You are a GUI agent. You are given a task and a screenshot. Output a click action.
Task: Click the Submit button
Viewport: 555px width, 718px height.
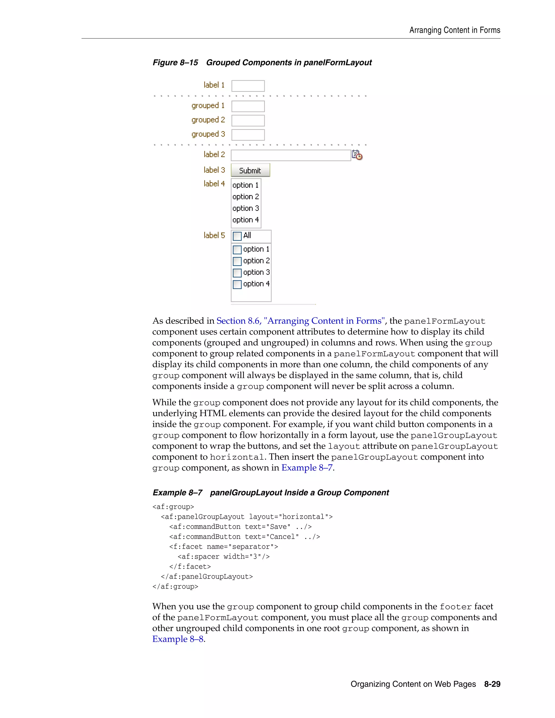250,170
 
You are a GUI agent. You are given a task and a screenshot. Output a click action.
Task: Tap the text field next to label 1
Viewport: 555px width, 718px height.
248,86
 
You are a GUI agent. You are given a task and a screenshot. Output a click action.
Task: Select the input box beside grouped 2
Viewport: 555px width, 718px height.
248,121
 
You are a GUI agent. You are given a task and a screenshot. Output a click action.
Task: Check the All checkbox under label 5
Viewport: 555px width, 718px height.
237,236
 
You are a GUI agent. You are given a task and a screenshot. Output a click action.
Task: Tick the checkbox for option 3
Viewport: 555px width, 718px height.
237,273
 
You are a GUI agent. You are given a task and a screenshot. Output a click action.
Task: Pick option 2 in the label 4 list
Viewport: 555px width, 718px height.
246,197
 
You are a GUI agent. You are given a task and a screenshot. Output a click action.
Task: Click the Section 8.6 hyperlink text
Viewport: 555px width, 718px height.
300,321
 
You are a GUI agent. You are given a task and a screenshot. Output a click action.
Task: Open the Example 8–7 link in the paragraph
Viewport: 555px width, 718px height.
307,468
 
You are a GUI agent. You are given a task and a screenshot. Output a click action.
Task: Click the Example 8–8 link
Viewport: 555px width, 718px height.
178,639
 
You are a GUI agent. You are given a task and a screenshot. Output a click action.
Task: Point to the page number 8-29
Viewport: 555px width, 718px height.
492,684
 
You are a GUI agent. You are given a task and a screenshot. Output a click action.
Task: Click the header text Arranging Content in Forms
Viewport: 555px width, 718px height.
454,30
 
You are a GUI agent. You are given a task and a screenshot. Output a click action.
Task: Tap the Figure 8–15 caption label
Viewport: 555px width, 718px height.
175,63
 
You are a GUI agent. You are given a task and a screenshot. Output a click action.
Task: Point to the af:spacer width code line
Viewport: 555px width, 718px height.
224,557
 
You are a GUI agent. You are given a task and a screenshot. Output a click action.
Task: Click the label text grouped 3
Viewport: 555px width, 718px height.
208,134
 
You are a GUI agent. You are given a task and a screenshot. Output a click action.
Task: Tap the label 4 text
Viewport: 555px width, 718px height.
214,184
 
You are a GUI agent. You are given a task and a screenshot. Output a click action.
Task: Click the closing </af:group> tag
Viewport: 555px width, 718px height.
175,587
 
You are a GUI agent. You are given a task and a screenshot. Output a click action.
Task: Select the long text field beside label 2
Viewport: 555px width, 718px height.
291,155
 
